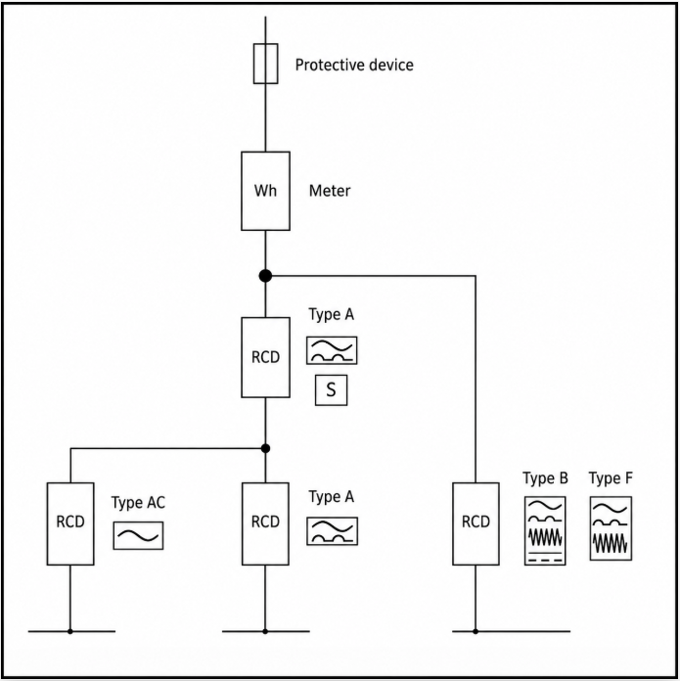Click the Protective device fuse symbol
(x=265, y=66)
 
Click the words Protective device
(x=354, y=66)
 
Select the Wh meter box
(x=265, y=191)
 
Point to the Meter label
(x=330, y=191)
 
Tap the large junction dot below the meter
(x=265, y=276)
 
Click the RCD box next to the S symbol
(x=265, y=357)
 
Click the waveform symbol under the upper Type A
(x=332, y=350)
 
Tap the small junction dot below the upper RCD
(x=265, y=448)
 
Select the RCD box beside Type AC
(x=70, y=522)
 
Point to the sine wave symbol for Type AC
(x=138, y=535)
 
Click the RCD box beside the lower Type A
(x=265, y=522)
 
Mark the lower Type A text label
(x=331, y=497)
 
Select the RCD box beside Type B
(x=476, y=522)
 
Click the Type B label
(x=546, y=478)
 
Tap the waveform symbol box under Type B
(x=545, y=530)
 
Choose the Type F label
(x=611, y=478)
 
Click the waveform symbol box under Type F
(x=611, y=528)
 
